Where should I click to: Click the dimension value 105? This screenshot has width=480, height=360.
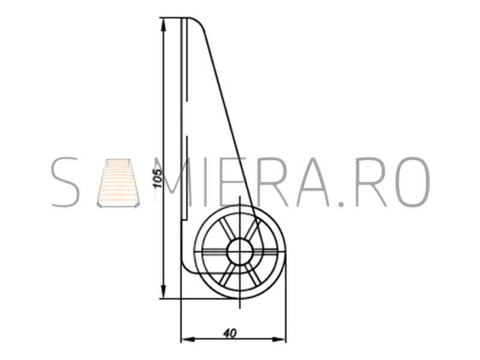(x=157, y=178)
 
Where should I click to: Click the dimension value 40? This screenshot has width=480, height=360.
(x=230, y=333)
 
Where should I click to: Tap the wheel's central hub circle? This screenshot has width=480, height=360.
(x=240, y=251)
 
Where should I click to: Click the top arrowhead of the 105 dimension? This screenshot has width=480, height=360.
(x=163, y=25)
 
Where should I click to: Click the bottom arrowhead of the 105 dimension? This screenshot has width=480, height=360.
(x=163, y=291)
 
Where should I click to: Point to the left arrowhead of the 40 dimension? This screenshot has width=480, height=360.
(x=188, y=339)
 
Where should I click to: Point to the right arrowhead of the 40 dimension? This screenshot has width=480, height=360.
(x=278, y=339)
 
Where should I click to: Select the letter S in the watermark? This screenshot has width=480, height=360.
(x=65, y=182)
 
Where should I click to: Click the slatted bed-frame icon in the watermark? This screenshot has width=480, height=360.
(x=118, y=183)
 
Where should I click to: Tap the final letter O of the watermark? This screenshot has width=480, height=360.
(x=413, y=182)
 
